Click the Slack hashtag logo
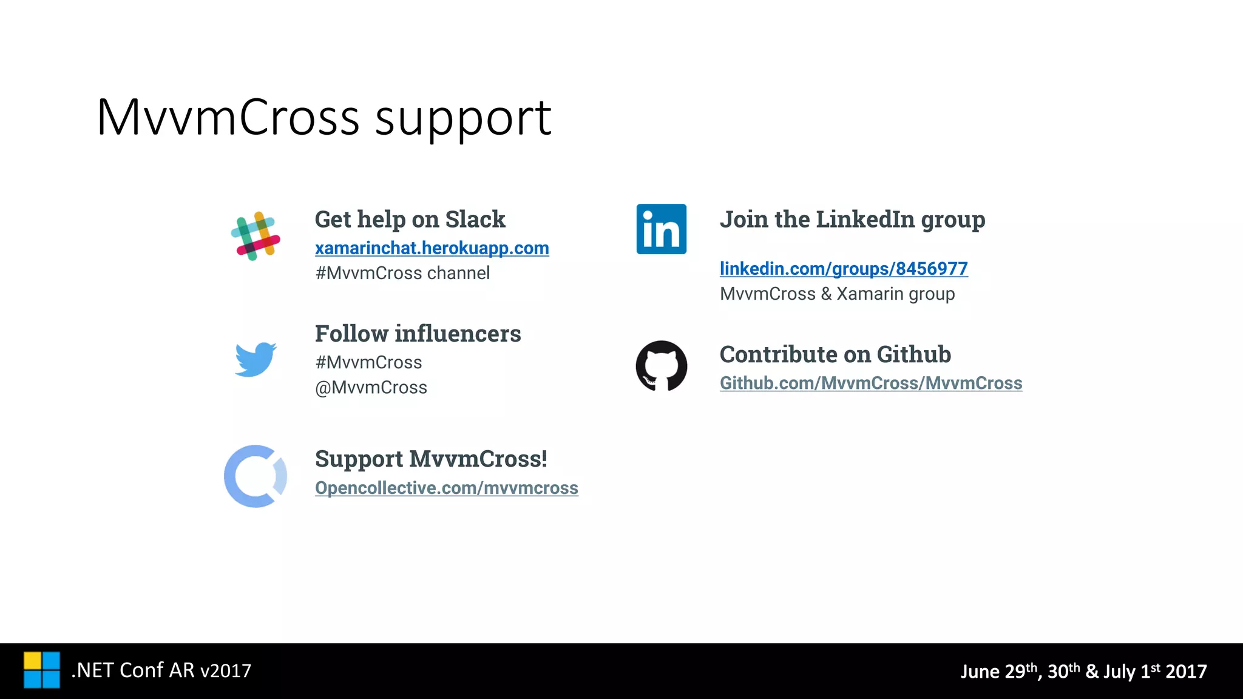tap(256, 236)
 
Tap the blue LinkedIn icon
tap(661, 229)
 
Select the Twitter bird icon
tap(256, 359)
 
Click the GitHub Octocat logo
tap(661, 366)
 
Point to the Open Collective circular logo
tap(255, 476)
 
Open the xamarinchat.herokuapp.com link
tap(432, 248)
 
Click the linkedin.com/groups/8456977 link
tap(843, 269)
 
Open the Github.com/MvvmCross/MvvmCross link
tap(870, 383)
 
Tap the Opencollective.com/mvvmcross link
tap(446, 488)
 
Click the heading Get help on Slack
tap(410, 220)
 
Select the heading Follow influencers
tap(418, 334)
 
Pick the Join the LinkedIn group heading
tap(852, 220)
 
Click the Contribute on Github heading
tap(835, 354)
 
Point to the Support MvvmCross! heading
tap(431, 459)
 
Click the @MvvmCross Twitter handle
tap(371, 388)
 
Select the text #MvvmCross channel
tap(402, 274)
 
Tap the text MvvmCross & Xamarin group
tap(837, 294)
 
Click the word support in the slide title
tap(463, 118)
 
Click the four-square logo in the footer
tap(42, 670)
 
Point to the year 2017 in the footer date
tap(1186, 672)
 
